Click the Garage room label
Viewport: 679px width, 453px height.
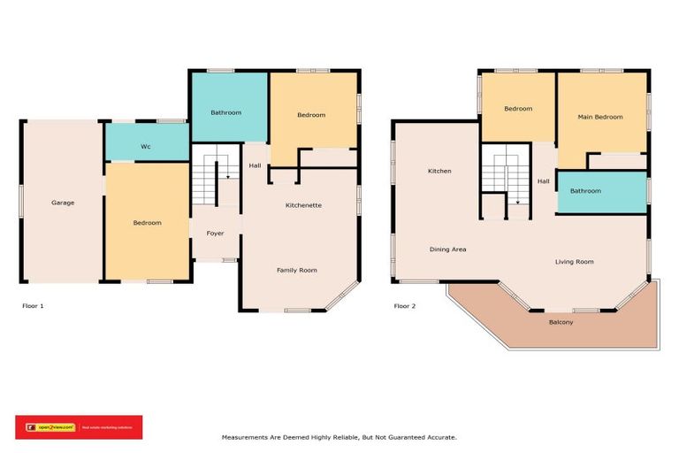click(63, 203)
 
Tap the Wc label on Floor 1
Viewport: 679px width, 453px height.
click(147, 147)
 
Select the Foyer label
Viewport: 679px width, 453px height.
click(215, 234)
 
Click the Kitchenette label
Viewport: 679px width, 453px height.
click(303, 205)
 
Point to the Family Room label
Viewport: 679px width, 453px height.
click(297, 270)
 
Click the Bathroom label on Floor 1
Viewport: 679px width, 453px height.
click(226, 113)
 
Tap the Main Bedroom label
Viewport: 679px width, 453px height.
click(600, 117)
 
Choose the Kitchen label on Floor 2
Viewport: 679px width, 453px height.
click(439, 171)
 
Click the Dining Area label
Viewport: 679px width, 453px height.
click(448, 250)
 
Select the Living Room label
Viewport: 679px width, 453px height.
click(574, 262)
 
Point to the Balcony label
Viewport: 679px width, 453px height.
click(561, 322)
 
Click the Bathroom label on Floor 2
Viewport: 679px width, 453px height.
click(585, 191)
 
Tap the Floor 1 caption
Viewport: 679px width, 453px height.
click(33, 306)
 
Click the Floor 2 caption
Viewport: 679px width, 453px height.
click(405, 306)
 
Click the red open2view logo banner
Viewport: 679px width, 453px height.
click(79, 427)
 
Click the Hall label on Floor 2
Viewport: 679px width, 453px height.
click(544, 181)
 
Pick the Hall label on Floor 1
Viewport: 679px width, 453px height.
click(255, 165)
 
